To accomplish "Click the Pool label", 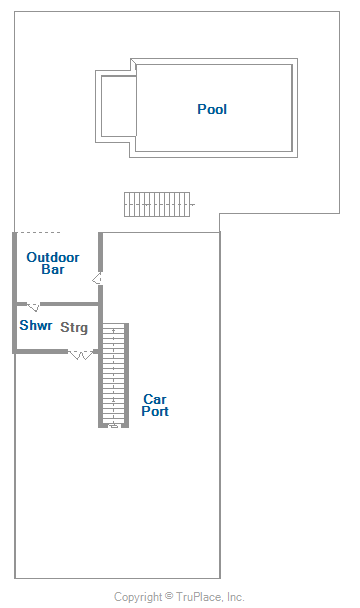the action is (x=212, y=109).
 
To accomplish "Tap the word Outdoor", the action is (x=53, y=257).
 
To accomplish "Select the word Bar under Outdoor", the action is (x=53, y=269).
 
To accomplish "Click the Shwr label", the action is (x=36, y=325).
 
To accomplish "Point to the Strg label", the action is (x=74, y=327).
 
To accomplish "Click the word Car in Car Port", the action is (x=155, y=399).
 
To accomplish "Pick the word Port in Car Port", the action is (x=155, y=411).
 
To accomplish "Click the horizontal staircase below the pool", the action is (x=157, y=204).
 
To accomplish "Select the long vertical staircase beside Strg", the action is (x=113, y=375).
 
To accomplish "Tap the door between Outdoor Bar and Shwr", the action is (x=33, y=307).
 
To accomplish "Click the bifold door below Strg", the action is (x=81, y=354).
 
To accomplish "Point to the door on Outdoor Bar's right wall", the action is (x=97, y=278).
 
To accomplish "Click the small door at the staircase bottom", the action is (x=113, y=426).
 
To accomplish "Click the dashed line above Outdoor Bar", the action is (x=38, y=233).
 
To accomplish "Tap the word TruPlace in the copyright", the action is (x=199, y=597).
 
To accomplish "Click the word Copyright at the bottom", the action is (x=138, y=597).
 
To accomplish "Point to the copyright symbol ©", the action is (x=169, y=595).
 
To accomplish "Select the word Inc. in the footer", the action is (x=235, y=597).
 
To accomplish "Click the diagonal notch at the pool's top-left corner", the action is (x=133, y=62).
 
